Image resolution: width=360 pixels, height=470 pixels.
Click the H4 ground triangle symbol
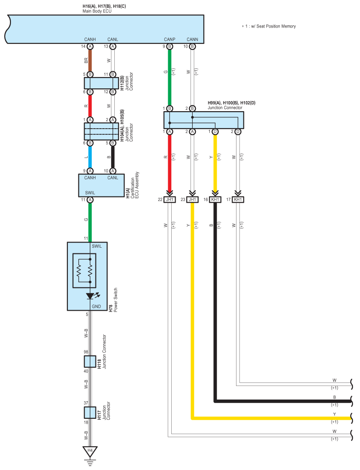90,451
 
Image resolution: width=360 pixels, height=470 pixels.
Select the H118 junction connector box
90,361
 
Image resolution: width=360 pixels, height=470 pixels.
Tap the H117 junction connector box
90,413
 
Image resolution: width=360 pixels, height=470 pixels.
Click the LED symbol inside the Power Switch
90,296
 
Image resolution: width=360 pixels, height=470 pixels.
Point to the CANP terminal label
169,39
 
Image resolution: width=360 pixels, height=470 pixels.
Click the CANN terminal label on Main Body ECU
192,39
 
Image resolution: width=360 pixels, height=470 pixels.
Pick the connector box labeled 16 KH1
215,200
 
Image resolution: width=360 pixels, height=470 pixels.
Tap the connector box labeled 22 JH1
169,200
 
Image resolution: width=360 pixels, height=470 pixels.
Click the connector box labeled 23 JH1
192,200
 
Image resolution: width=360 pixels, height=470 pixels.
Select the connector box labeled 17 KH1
238,200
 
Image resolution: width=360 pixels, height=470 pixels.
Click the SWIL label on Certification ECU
90,192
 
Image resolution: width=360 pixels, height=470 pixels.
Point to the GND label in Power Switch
96,306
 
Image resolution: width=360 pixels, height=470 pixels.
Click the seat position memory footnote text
269,26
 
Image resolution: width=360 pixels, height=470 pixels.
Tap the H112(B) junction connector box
101,83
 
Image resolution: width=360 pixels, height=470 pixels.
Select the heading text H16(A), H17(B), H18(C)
104,6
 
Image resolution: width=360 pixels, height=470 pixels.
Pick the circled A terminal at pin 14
90,46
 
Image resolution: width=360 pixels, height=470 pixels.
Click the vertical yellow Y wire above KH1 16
215,162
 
